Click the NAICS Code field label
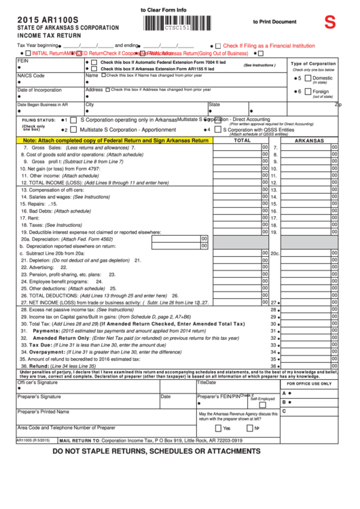pos(31,75)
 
